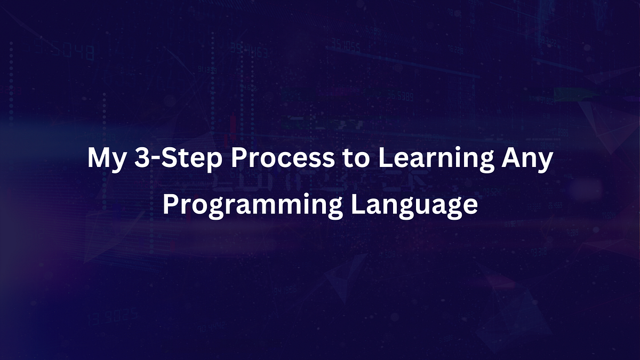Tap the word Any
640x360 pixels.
coord(525,161)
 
